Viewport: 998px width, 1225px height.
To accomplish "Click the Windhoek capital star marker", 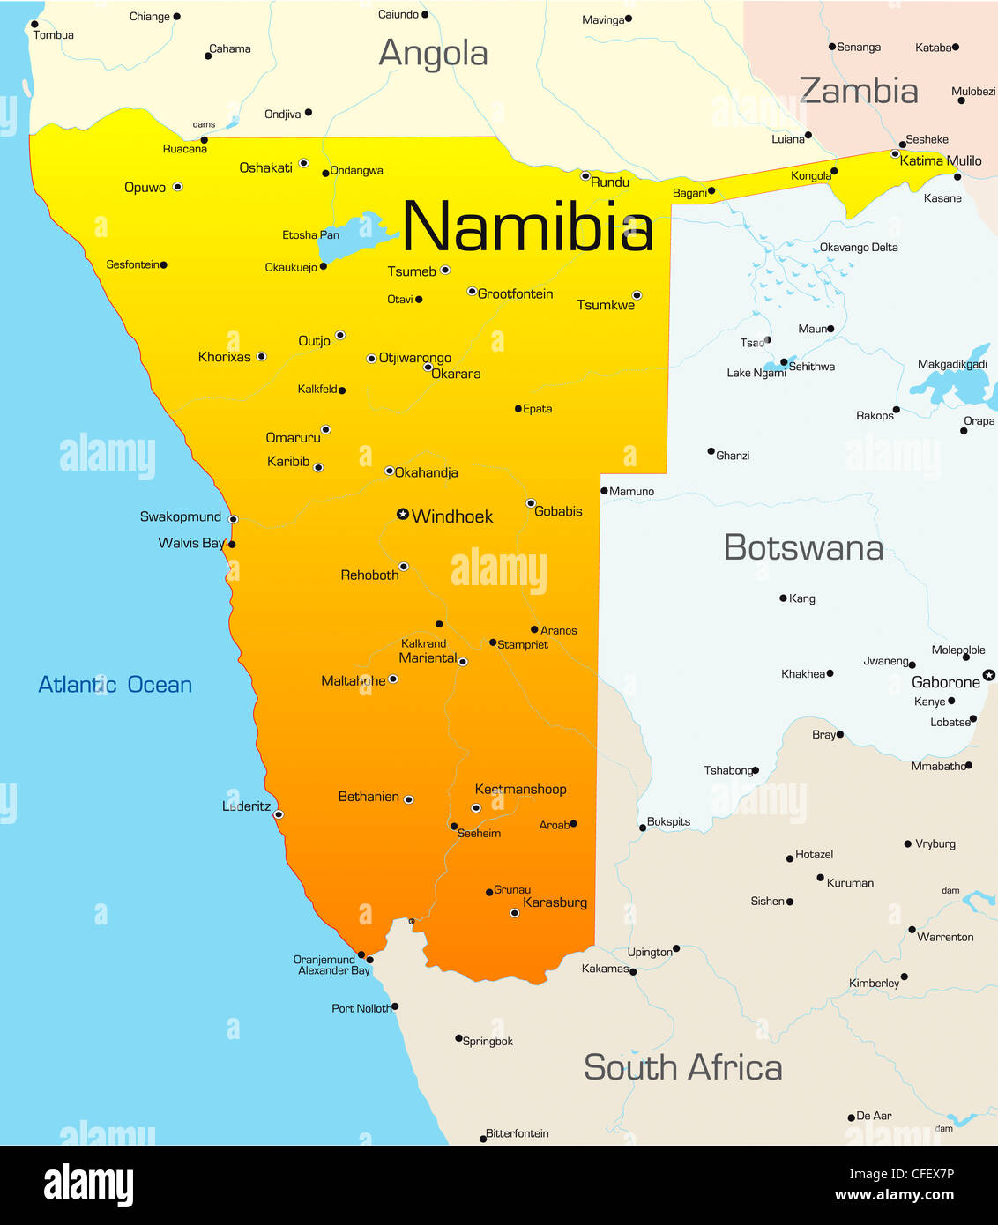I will click(403, 514).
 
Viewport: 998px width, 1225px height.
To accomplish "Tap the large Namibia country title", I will click(527, 227).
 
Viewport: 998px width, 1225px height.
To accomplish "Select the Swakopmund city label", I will click(181, 517).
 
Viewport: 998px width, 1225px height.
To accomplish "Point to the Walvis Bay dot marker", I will click(232, 545).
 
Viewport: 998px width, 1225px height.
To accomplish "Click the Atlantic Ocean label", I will click(115, 685).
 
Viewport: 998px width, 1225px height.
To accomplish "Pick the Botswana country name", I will click(803, 548).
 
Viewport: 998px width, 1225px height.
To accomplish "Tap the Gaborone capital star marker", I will click(989, 675).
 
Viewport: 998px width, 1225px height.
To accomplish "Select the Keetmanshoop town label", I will click(520, 790).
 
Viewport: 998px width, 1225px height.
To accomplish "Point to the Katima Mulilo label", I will click(941, 160).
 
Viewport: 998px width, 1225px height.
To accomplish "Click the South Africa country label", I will click(682, 1068).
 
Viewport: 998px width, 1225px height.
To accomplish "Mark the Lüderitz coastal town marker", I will click(279, 814).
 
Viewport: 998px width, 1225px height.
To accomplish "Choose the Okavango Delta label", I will click(859, 248).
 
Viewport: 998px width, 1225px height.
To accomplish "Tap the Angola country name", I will click(433, 54).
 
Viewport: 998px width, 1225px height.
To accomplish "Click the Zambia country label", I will click(859, 91).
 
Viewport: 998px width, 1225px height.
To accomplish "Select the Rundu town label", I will click(610, 182).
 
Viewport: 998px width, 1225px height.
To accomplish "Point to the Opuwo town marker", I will click(178, 187).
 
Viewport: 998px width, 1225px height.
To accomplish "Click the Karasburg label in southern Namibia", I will click(555, 902).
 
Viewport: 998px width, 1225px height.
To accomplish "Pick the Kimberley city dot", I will click(905, 976).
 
